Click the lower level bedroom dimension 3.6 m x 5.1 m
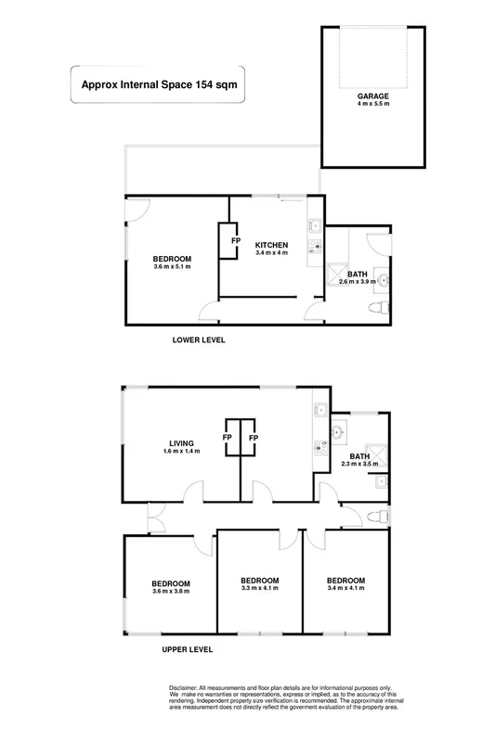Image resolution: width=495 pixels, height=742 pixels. pyautogui.click(x=172, y=267)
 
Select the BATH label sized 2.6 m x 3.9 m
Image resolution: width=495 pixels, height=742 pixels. pyautogui.click(x=358, y=275)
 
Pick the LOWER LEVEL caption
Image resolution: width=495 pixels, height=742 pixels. pyautogui.click(x=200, y=340)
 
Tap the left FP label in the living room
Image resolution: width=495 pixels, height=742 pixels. pyautogui.click(x=228, y=438)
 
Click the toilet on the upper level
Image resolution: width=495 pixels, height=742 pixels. pyautogui.click(x=376, y=516)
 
